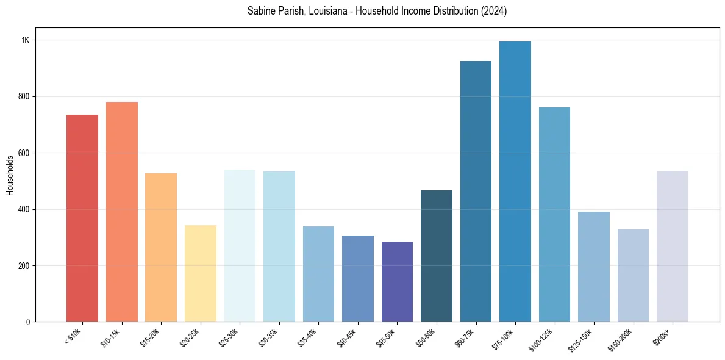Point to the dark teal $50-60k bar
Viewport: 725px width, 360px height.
point(437,256)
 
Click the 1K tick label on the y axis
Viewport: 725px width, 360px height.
point(26,40)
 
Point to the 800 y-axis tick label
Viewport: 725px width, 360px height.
point(24,96)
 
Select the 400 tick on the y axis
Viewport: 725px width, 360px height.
point(24,209)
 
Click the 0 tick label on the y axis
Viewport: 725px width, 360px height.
point(28,322)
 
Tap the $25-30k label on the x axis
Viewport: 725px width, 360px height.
point(229,337)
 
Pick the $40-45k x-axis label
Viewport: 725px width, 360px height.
point(346,337)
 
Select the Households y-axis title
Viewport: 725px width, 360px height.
point(10,175)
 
